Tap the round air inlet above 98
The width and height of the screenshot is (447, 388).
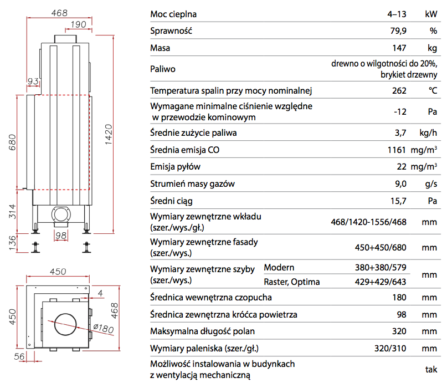[x=61, y=214]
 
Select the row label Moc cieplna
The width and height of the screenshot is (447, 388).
[x=173, y=14]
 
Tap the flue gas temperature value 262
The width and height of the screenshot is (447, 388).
[x=399, y=90]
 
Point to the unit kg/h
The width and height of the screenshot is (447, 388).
[x=428, y=132]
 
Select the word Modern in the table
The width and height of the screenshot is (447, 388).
[x=279, y=268]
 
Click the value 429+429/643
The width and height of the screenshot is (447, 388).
[x=381, y=282]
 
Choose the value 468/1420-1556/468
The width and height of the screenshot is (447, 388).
[x=368, y=222]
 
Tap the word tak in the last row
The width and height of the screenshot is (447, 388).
[x=430, y=370]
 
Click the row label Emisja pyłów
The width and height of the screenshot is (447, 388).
[x=176, y=167]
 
